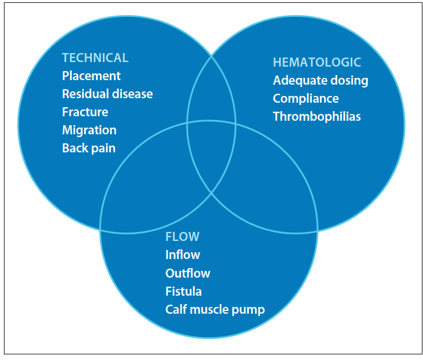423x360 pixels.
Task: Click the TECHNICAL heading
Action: (x=95, y=58)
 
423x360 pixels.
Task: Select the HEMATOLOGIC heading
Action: (x=317, y=62)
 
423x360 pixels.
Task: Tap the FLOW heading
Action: (x=182, y=236)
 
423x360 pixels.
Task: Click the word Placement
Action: (x=91, y=76)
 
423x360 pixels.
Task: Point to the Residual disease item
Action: (x=107, y=94)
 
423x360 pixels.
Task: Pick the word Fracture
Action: (x=85, y=112)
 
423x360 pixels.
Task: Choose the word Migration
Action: (x=89, y=130)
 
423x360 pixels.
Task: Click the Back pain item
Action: (x=89, y=148)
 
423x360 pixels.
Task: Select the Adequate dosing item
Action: (x=320, y=81)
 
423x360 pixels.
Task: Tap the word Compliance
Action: (x=306, y=99)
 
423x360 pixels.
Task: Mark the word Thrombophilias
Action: (x=317, y=117)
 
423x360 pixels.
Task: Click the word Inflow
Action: (x=183, y=254)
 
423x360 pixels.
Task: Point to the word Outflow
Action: (x=188, y=273)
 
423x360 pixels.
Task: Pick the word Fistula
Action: (x=183, y=291)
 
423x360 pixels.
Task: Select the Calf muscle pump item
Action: (x=215, y=310)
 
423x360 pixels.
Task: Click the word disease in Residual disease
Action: (x=132, y=94)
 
